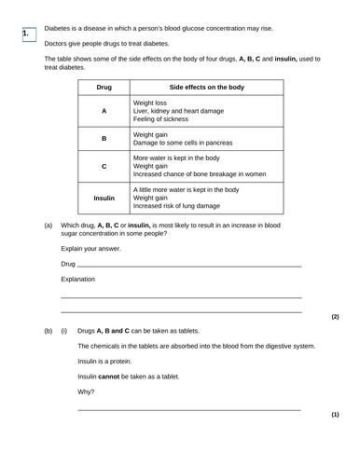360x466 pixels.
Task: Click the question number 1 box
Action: click(x=27, y=34)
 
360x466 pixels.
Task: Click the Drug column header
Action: click(x=104, y=87)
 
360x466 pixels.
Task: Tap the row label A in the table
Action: click(x=104, y=111)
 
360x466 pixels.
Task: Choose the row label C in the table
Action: click(x=104, y=166)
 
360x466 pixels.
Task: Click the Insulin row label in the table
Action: click(x=104, y=198)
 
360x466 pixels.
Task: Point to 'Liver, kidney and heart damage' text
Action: click(x=187, y=111)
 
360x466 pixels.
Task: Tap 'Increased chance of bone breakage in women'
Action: click(x=206, y=174)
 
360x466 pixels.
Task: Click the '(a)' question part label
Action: click(x=48, y=226)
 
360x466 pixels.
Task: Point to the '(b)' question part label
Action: click(x=48, y=331)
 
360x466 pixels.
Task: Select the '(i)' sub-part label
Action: click(x=64, y=331)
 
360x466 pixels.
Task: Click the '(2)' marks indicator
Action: click(x=335, y=317)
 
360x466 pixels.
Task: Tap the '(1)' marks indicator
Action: click(x=335, y=414)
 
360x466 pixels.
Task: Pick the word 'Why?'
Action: click(x=86, y=391)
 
